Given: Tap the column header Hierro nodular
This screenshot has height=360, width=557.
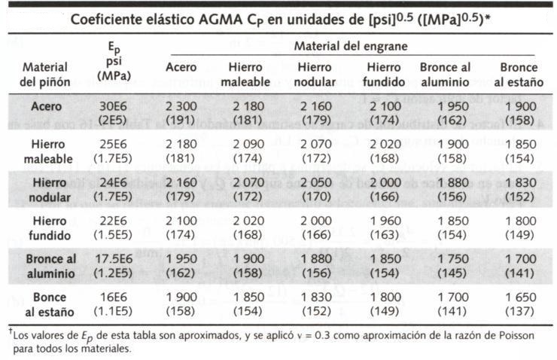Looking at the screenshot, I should [x=315, y=75].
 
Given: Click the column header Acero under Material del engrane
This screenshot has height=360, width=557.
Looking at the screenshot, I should [x=181, y=75].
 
